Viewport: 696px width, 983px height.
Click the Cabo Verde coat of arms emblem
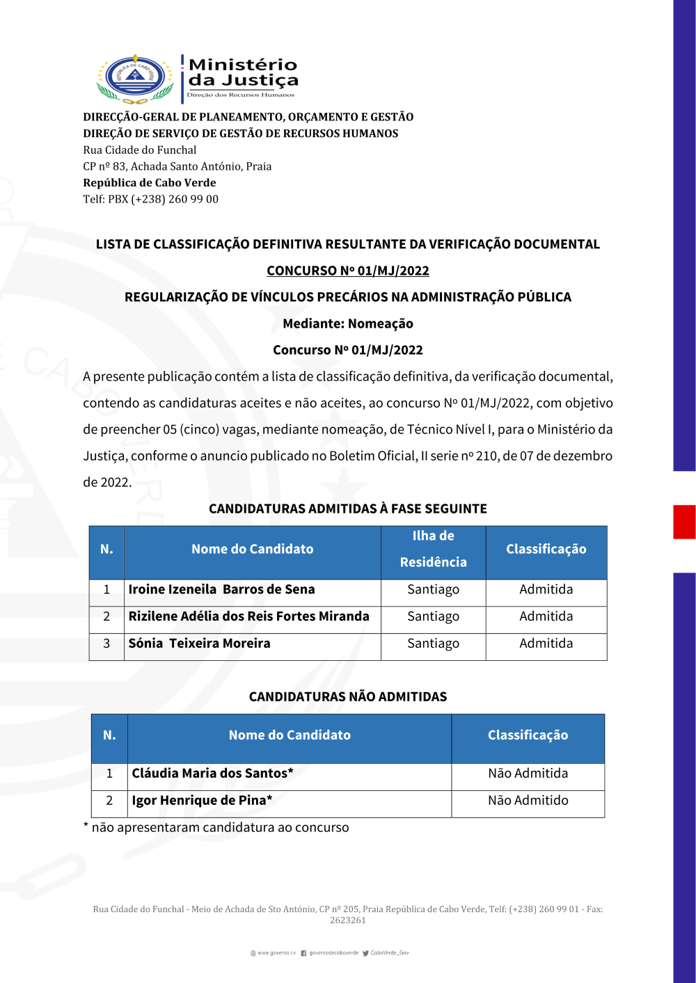coord(135,79)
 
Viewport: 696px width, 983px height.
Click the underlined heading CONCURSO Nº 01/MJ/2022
coord(348,271)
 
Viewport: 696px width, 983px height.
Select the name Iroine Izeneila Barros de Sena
coord(221,589)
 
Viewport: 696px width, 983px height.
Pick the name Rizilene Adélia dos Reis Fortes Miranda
coord(248,616)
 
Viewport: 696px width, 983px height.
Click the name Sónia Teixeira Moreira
coord(199,644)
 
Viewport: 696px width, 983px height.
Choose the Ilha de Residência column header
coord(433,549)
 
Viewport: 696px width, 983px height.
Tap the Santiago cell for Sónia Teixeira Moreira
coord(433,644)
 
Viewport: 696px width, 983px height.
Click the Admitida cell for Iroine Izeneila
coord(546,589)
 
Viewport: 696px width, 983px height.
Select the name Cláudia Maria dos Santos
coord(212,773)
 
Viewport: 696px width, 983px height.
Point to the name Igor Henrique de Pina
coord(202,800)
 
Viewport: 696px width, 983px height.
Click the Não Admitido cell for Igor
coord(528,800)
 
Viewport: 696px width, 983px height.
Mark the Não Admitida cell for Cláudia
coord(528,773)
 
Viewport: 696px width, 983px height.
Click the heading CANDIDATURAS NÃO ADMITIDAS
coord(348,696)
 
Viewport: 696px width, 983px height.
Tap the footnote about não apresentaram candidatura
coord(216,827)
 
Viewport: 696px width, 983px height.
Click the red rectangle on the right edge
coord(684,522)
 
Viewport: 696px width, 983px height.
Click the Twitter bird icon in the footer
coord(365,953)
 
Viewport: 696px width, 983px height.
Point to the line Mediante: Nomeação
coord(348,323)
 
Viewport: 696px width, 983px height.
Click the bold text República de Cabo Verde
coord(150,182)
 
